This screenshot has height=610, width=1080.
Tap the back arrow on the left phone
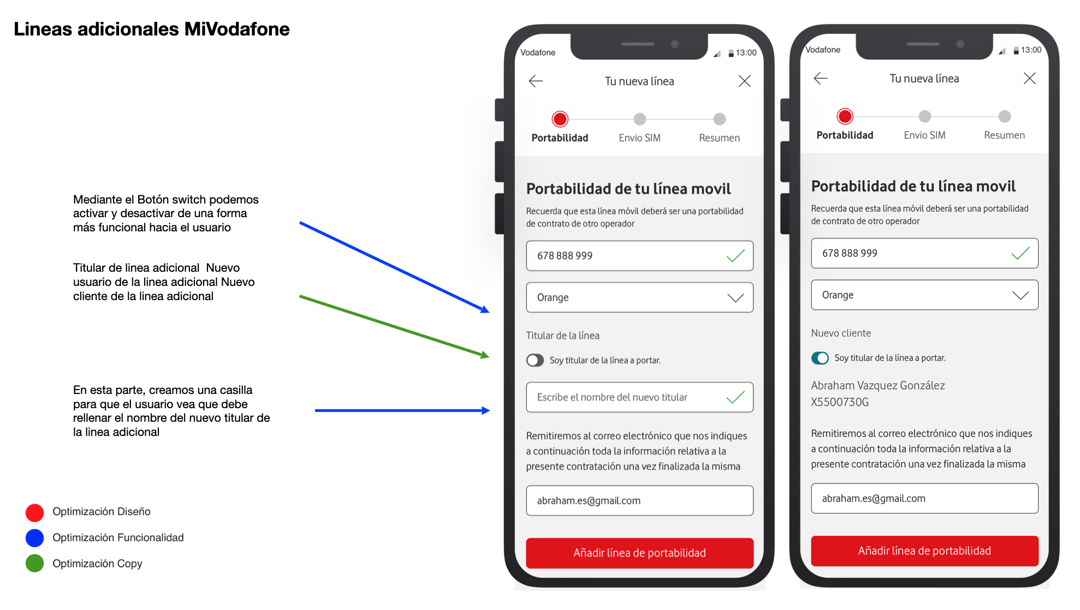[x=536, y=81]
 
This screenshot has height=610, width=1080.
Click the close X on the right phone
[x=1029, y=79]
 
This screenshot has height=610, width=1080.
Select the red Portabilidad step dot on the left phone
[x=560, y=119]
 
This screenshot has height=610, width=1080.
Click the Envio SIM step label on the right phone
[x=924, y=135]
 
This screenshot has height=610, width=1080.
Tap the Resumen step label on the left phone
[x=719, y=138]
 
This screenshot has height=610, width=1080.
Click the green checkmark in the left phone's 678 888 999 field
[x=735, y=255]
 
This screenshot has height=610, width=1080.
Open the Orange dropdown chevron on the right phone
[x=1020, y=295]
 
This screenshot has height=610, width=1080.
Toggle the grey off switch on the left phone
[x=535, y=360]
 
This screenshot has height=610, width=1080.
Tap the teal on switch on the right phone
[x=820, y=358]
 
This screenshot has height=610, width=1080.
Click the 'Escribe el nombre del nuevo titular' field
[x=639, y=397]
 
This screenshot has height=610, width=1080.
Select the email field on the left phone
[x=639, y=500]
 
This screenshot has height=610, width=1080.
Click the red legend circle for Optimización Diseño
[x=35, y=512]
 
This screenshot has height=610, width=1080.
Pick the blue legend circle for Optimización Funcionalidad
[x=35, y=538]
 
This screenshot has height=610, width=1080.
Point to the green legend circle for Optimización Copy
[x=35, y=564]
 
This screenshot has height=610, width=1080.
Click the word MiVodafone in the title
[x=237, y=29]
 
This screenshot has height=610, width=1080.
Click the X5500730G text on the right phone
[x=840, y=402]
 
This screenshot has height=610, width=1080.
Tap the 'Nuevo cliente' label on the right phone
[x=841, y=333]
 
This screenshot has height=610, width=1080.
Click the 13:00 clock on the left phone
[x=746, y=52]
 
